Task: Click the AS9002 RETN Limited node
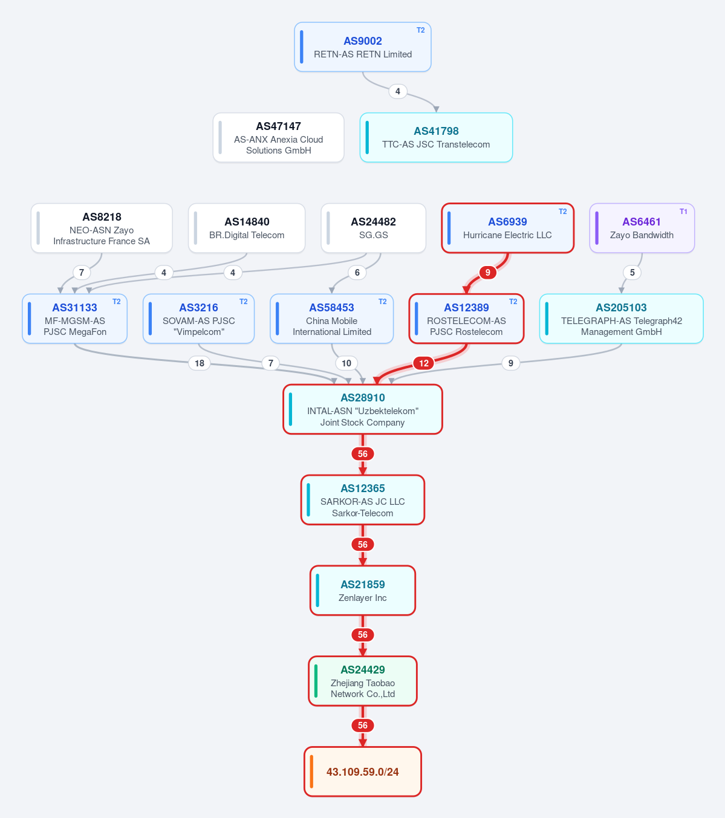point(362,47)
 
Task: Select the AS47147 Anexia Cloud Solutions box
point(278,138)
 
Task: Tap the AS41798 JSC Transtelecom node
point(436,138)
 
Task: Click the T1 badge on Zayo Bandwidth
point(683,212)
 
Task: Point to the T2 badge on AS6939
point(562,212)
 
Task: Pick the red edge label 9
point(487,273)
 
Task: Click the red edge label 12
point(424,363)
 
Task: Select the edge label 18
point(200,363)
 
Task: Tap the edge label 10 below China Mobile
point(346,363)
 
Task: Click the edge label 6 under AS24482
point(357,273)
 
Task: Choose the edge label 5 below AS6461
point(632,273)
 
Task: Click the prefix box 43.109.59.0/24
point(362,771)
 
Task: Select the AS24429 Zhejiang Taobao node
point(362,681)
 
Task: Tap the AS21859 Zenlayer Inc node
point(362,590)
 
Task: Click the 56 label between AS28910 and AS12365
point(362,454)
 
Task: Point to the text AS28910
point(362,398)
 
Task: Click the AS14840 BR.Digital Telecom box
point(246,228)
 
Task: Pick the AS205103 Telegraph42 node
point(621,319)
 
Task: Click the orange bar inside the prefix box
point(311,771)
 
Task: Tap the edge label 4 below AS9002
point(397,91)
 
